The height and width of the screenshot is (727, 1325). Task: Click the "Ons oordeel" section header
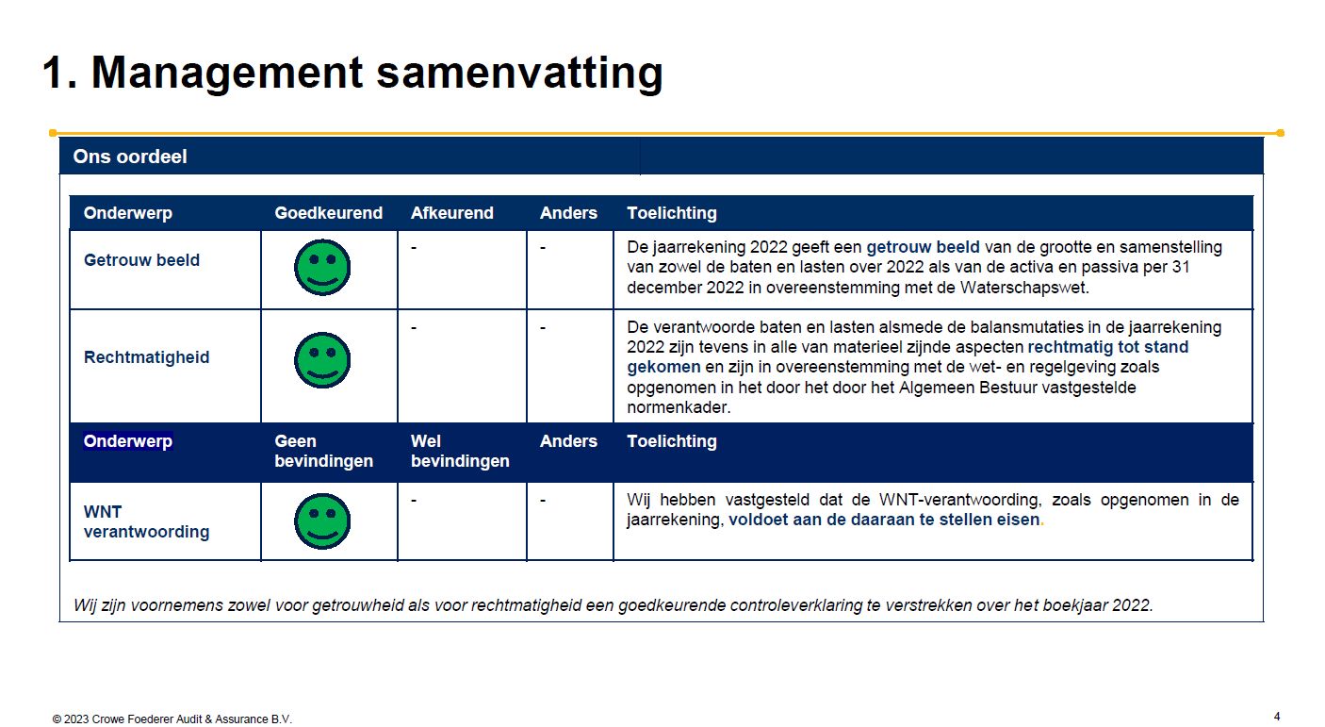(x=129, y=157)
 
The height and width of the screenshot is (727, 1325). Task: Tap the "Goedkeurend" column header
(x=328, y=212)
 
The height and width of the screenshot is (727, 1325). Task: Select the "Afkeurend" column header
(x=452, y=212)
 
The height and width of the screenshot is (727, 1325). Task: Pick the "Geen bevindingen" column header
(x=323, y=451)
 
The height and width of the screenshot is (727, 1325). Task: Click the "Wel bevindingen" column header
(x=460, y=451)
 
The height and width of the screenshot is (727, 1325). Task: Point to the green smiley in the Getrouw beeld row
(x=322, y=267)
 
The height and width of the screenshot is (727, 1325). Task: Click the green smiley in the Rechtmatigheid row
(x=322, y=360)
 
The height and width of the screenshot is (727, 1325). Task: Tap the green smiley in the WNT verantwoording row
(x=322, y=521)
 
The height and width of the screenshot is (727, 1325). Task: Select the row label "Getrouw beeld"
(x=141, y=260)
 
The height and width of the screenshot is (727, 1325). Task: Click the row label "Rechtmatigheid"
(x=146, y=357)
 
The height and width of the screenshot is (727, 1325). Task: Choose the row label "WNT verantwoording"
(x=146, y=521)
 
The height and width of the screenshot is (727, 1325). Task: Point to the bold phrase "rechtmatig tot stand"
(x=1108, y=347)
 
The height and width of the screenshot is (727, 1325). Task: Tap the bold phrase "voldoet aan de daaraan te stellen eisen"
(x=884, y=520)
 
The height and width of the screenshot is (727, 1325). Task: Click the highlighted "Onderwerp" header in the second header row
(x=128, y=441)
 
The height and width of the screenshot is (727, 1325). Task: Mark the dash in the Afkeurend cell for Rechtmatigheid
(x=414, y=327)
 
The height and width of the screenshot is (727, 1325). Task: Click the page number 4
(x=1277, y=717)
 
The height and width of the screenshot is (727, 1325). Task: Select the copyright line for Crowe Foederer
(x=172, y=719)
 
